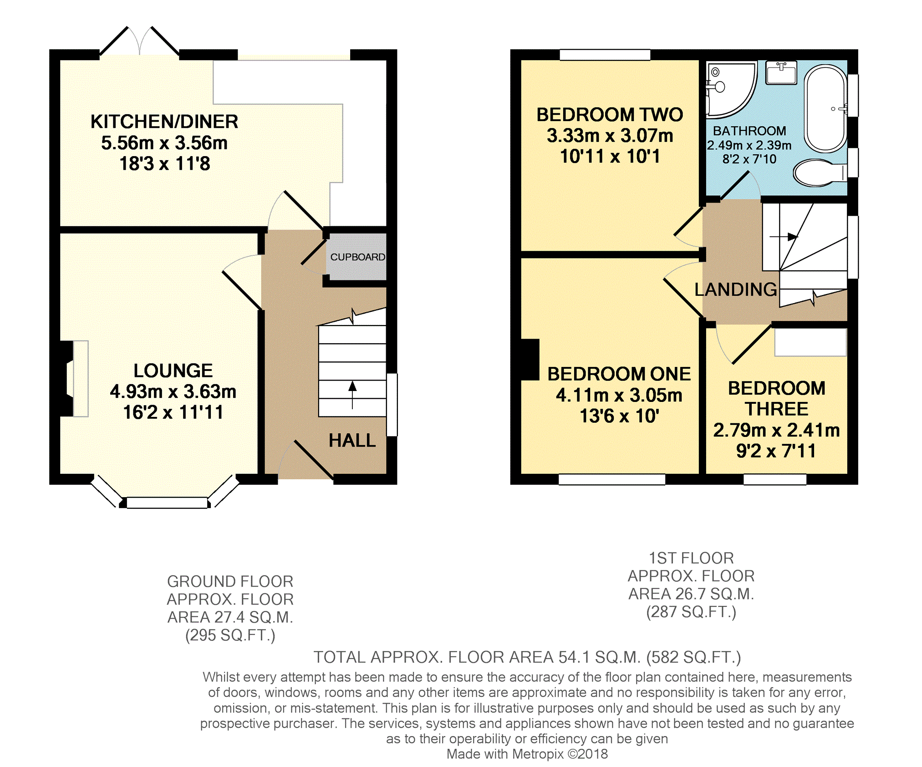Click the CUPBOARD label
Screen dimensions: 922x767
358,257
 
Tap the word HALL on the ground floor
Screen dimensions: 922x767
352,440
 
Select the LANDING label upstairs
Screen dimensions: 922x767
736,290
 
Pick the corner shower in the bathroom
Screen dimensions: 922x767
730,89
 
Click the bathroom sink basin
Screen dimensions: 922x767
781,73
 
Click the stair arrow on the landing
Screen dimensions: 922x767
784,237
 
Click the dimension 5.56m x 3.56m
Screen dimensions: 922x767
164,143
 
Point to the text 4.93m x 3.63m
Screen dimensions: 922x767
173,391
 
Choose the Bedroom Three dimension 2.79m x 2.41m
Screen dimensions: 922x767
776,430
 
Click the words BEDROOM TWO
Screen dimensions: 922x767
610,115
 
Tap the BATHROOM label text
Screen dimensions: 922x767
749,131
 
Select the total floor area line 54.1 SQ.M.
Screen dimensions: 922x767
527,657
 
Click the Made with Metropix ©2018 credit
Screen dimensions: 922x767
527,754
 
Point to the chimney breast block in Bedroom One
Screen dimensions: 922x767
530,360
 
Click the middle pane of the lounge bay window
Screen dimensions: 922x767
167,503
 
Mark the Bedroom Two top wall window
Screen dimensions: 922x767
605,55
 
